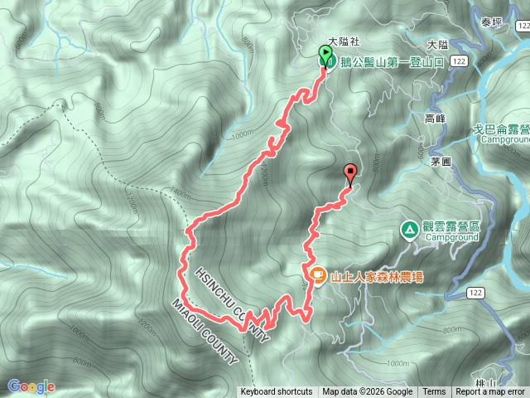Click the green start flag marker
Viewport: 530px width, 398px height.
click(325, 55)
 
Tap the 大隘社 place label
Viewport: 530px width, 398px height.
click(343, 40)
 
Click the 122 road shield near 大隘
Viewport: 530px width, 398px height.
click(460, 61)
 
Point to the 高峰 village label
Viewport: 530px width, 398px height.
click(435, 119)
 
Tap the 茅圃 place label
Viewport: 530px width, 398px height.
click(440, 163)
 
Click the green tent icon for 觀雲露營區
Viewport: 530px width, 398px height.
click(409, 229)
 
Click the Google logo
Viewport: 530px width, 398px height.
click(31, 386)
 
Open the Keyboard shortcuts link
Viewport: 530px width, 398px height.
click(277, 392)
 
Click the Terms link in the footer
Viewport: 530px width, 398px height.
click(434, 392)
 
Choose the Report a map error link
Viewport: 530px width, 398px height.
click(490, 392)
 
